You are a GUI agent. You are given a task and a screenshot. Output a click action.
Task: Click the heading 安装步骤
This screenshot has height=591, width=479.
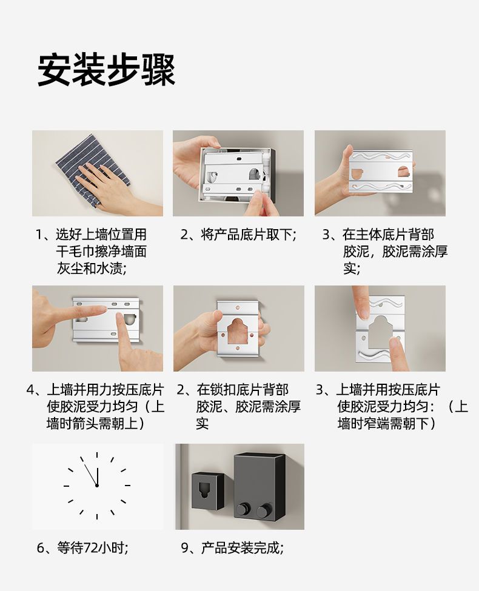pyautogui.click(x=106, y=70)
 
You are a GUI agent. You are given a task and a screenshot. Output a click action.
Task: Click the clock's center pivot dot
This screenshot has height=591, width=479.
pyautogui.click(x=97, y=486)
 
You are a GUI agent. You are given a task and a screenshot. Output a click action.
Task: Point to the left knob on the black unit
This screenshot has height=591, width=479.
pyautogui.click(x=242, y=510)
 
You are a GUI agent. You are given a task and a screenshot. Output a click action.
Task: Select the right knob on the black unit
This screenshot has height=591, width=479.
pyautogui.click(x=263, y=511)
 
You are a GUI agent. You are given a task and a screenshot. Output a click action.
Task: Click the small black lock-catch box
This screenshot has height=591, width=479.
pyautogui.click(x=208, y=491)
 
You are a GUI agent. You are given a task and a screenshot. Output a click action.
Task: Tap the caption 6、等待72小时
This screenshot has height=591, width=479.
pyautogui.click(x=82, y=547)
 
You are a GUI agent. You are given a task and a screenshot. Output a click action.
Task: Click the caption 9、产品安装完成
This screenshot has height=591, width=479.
pyautogui.click(x=232, y=547)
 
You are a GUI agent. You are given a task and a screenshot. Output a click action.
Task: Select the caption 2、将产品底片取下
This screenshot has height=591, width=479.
pyautogui.click(x=238, y=235)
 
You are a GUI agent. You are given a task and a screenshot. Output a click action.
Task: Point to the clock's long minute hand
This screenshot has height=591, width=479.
pyautogui.click(x=90, y=473)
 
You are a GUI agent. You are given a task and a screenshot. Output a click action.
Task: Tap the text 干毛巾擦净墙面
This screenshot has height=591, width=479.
pyautogui.click(x=101, y=252)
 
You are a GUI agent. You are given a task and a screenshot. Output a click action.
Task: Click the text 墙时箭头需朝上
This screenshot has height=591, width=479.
pyautogui.click(x=95, y=423)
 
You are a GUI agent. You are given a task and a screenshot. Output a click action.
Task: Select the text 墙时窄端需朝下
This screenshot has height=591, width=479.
pyautogui.click(x=387, y=423)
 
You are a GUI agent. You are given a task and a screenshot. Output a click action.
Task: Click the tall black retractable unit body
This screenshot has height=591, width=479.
pyautogui.click(x=258, y=486)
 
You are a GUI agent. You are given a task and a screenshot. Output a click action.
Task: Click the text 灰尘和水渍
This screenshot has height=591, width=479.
pyautogui.click(x=92, y=269)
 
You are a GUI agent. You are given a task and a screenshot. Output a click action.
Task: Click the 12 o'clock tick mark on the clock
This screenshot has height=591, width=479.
pyautogui.click(x=97, y=455)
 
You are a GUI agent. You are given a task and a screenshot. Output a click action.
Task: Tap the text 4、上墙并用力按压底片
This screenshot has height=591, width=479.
pyautogui.click(x=95, y=389)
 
